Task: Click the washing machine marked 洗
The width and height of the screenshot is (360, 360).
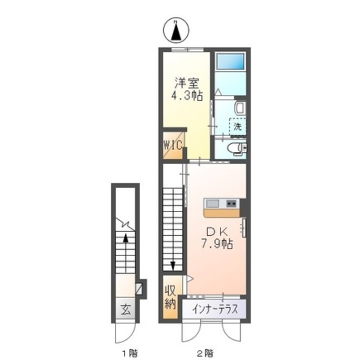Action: pyautogui.click(x=237, y=127)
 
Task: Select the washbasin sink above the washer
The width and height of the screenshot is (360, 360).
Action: pyautogui.click(x=238, y=107)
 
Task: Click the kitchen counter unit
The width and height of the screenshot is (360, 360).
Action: pyautogui.click(x=223, y=207)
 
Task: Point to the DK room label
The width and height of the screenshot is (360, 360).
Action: pyautogui.click(x=217, y=232)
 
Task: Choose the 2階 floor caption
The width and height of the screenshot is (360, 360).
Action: pyautogui.click(x=205, y=353)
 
